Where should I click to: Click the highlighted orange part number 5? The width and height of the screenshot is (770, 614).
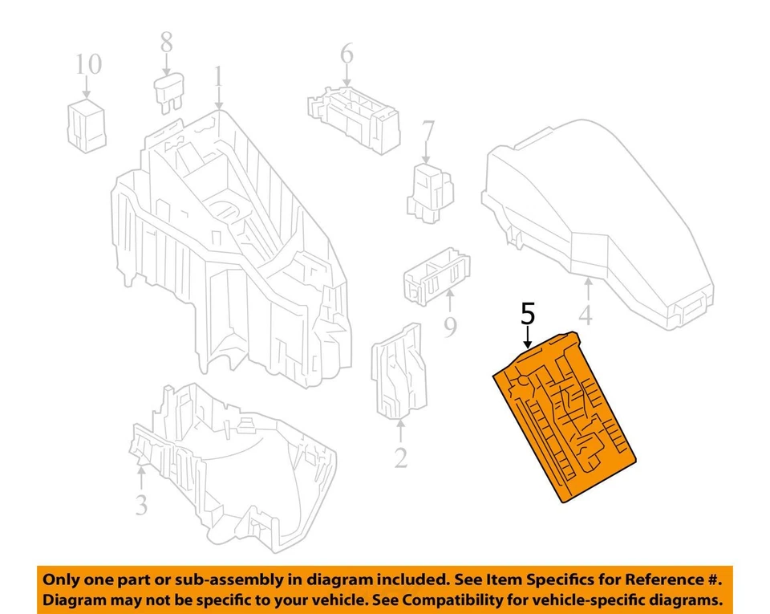tap(565, 417)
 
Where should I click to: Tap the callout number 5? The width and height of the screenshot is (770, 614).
tap(527, 312)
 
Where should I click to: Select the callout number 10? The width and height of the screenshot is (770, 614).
tap(89, 64)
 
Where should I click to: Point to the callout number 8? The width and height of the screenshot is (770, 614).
tap(166, 42)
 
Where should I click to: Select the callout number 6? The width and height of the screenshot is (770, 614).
tap(346, 54)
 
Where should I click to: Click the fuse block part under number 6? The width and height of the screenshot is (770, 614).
tap(353, 116)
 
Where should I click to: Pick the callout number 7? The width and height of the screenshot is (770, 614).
tap(428, 129)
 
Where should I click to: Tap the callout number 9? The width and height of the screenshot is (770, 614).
tap(450, 327)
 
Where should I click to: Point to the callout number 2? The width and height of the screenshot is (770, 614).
tap(400, 457)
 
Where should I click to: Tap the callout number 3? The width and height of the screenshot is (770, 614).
tap(141, 505)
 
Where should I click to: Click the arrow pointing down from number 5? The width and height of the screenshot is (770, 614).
tap(528, 335)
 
